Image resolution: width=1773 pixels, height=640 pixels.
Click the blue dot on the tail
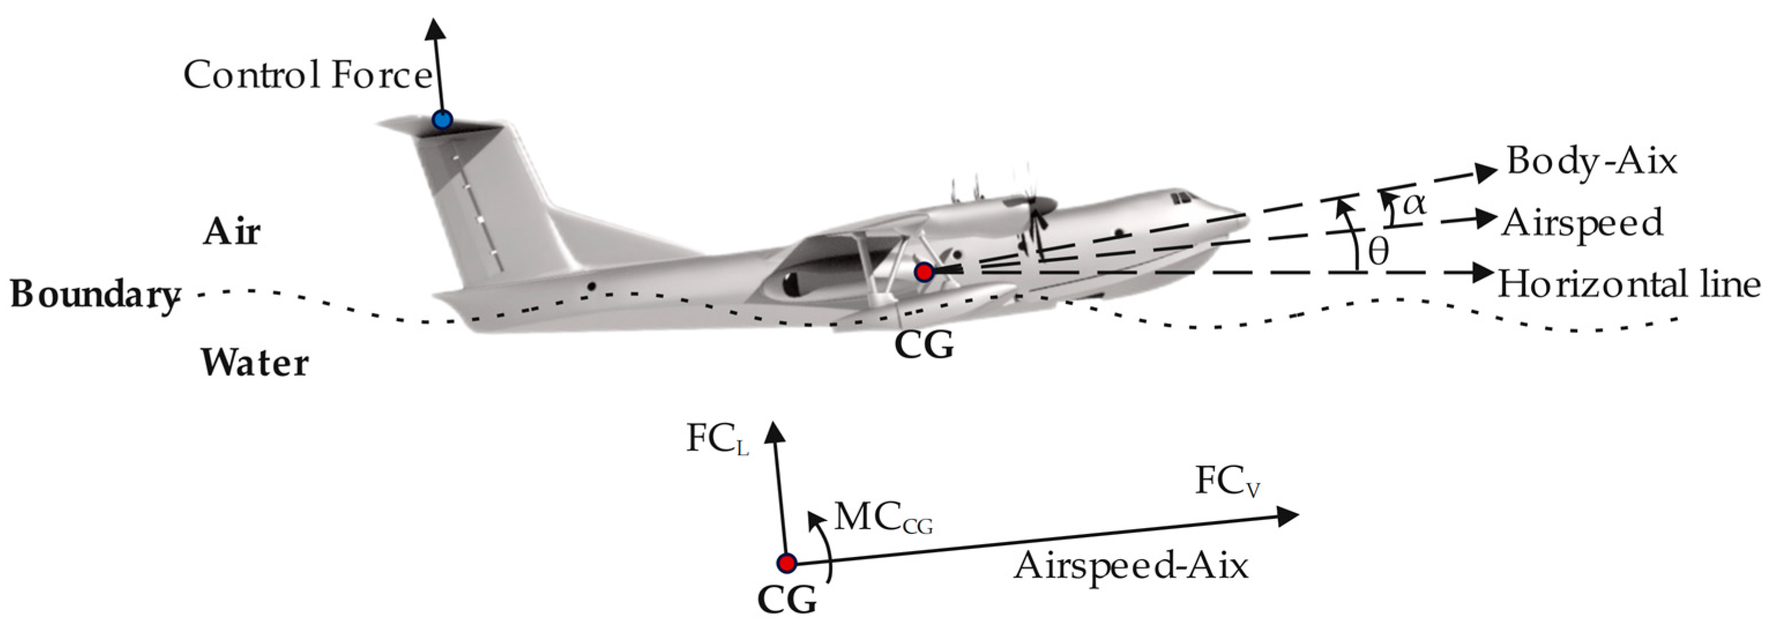(x=442, y=119)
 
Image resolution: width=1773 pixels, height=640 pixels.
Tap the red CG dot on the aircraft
(x=924, y=272)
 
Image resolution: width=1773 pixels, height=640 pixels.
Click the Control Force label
(x=307, y=75)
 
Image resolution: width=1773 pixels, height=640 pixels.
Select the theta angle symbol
(x=1378, y=253)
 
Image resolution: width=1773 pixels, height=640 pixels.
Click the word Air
(x=232, y=232)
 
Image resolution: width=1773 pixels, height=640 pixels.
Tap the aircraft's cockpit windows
(x=1181, y=197)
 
